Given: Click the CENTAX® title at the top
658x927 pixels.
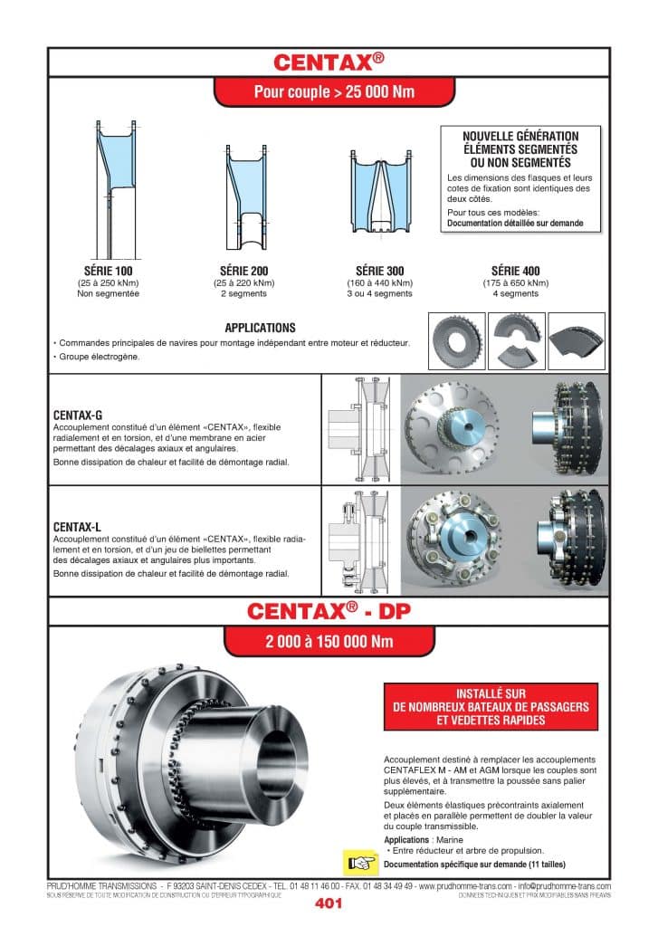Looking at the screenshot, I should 329,62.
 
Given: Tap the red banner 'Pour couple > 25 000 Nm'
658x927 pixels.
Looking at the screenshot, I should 329,92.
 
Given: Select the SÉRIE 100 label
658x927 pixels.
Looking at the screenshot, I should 108,271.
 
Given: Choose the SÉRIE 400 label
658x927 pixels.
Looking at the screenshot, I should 515,271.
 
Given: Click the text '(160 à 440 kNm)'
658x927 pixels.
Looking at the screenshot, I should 379,282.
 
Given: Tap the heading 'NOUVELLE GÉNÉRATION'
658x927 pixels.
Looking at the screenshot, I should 520,136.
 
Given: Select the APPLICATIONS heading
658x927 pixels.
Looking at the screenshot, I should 260,328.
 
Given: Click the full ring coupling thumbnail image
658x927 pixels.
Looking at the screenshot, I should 456,340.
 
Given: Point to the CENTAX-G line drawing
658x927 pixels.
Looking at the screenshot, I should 360,429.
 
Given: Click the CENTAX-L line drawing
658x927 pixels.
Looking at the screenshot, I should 360,540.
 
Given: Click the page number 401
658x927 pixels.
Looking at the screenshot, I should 329,903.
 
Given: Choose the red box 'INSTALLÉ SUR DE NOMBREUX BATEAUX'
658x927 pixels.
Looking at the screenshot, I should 491,707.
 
